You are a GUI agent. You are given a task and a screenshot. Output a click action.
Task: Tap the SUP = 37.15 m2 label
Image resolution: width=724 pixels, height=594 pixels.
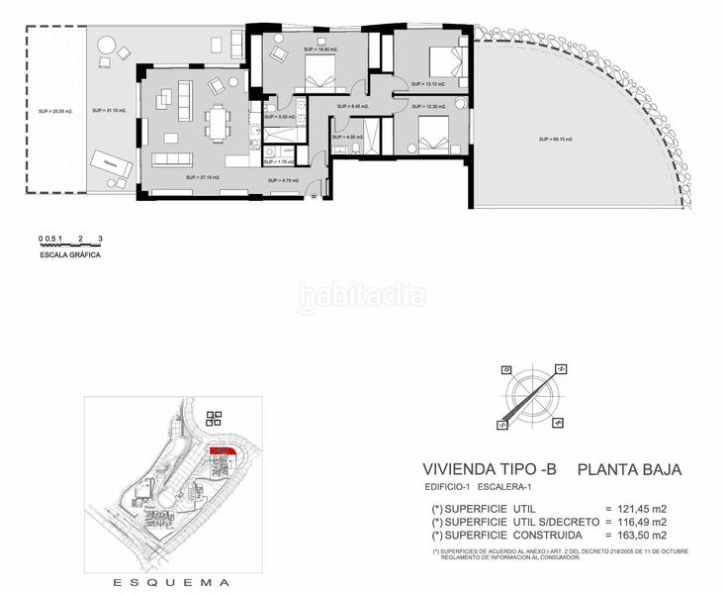coord(202,178)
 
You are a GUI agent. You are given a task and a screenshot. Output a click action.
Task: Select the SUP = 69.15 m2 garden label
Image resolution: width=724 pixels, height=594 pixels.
coord(556,140)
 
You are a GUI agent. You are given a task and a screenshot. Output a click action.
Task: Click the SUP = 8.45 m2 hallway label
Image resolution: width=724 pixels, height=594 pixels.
coord(352,106)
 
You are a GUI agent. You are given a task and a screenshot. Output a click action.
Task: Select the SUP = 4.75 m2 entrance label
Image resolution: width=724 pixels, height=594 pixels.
coord(284,180)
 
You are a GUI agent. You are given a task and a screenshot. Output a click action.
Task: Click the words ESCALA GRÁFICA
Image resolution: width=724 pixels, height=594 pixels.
coord(70,254)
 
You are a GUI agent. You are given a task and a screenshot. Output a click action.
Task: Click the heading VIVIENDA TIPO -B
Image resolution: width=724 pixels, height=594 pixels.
coord(488,470)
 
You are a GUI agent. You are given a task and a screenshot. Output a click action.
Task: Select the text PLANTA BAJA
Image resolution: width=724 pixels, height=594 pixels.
coord(629,470)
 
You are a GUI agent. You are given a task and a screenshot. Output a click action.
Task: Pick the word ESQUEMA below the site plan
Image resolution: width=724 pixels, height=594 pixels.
coord(172,582)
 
